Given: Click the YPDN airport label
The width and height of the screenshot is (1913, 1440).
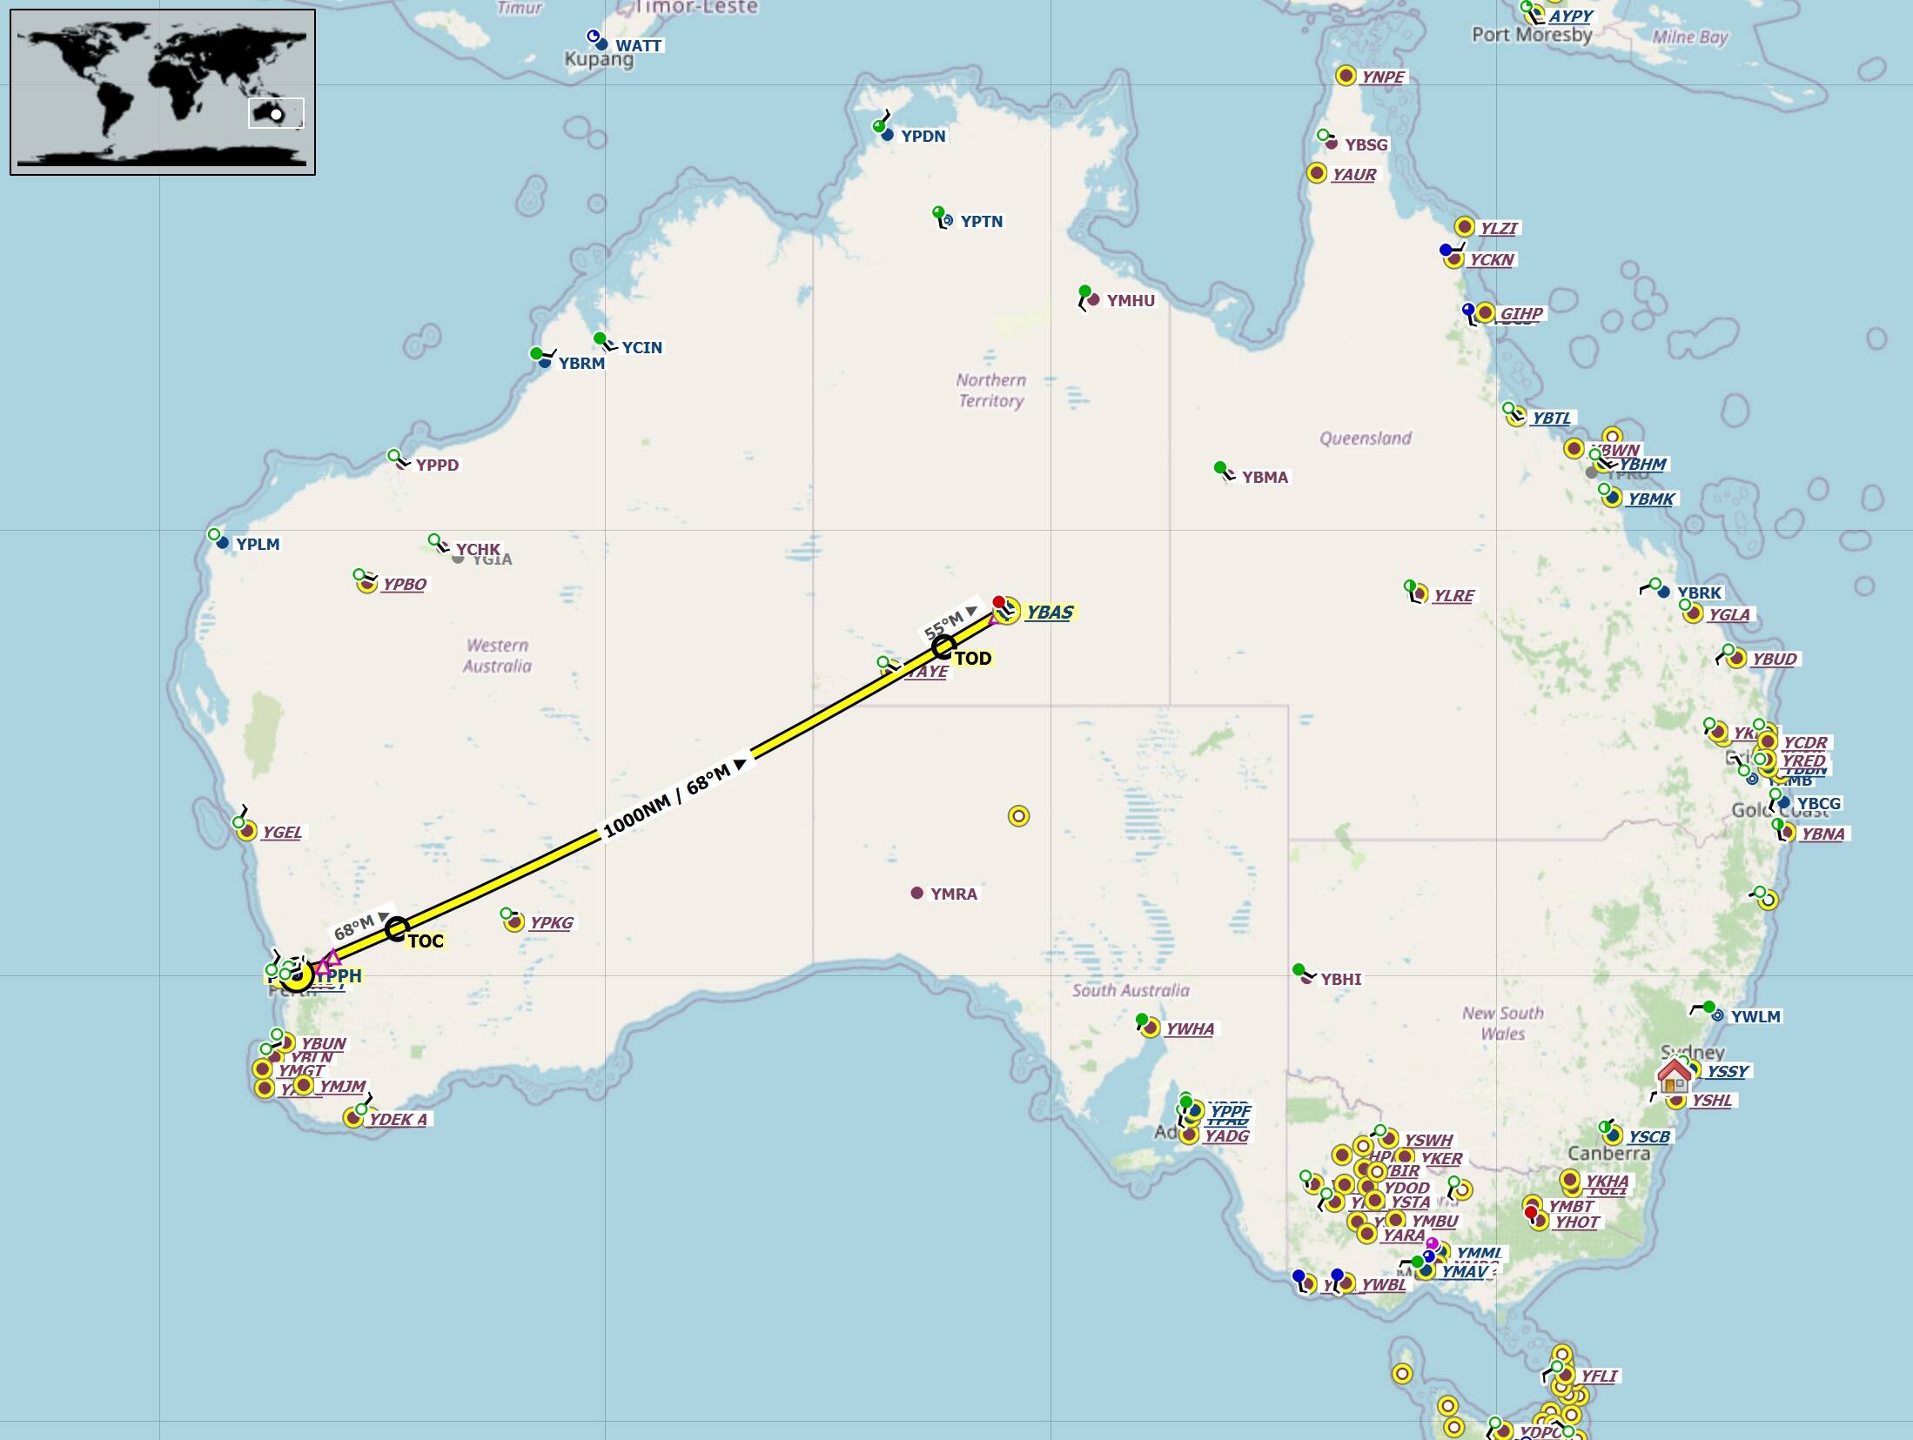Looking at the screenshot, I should [x=923, y=136].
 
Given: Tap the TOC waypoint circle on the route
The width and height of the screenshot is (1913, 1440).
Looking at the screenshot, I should [x=397, y=929].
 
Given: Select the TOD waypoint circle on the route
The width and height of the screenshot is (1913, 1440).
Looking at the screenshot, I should [x=943, y=647].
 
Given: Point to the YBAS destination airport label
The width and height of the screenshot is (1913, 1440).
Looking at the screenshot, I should [x=1049, y=613].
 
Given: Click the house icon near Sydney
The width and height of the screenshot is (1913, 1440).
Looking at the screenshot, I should [x=1674, y=1075].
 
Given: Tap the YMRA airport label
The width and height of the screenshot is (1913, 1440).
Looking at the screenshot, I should [x=953, y=894].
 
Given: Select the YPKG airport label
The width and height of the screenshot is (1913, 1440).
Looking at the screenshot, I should [x=551, y=922].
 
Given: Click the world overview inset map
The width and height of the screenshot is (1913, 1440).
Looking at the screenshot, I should [x=163, y=92].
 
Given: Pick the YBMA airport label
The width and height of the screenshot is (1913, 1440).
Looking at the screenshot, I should [x=1265, y=477].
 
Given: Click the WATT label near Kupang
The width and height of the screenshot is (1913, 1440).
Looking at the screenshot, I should [x=638, y=45].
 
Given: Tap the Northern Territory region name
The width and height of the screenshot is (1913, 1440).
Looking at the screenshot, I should [x=991, y=391].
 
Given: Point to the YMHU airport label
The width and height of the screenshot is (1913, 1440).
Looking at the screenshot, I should [x=1131, y=300].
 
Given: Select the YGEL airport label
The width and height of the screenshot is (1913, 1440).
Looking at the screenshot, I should [x=282, y=832].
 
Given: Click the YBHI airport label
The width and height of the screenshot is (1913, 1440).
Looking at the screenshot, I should [x=1340, y=979].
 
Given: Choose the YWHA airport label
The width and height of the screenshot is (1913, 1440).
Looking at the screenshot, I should [x=1189, y=1028].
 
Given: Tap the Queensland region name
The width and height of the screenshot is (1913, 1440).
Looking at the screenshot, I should [x=1366, y=438].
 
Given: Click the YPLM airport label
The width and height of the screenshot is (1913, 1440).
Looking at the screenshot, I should [x=258, y=544].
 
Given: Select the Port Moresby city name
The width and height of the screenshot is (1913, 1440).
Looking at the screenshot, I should [x=1532, y=35].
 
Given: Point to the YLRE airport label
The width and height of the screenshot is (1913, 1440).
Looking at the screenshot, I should [x=1453, y=595].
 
